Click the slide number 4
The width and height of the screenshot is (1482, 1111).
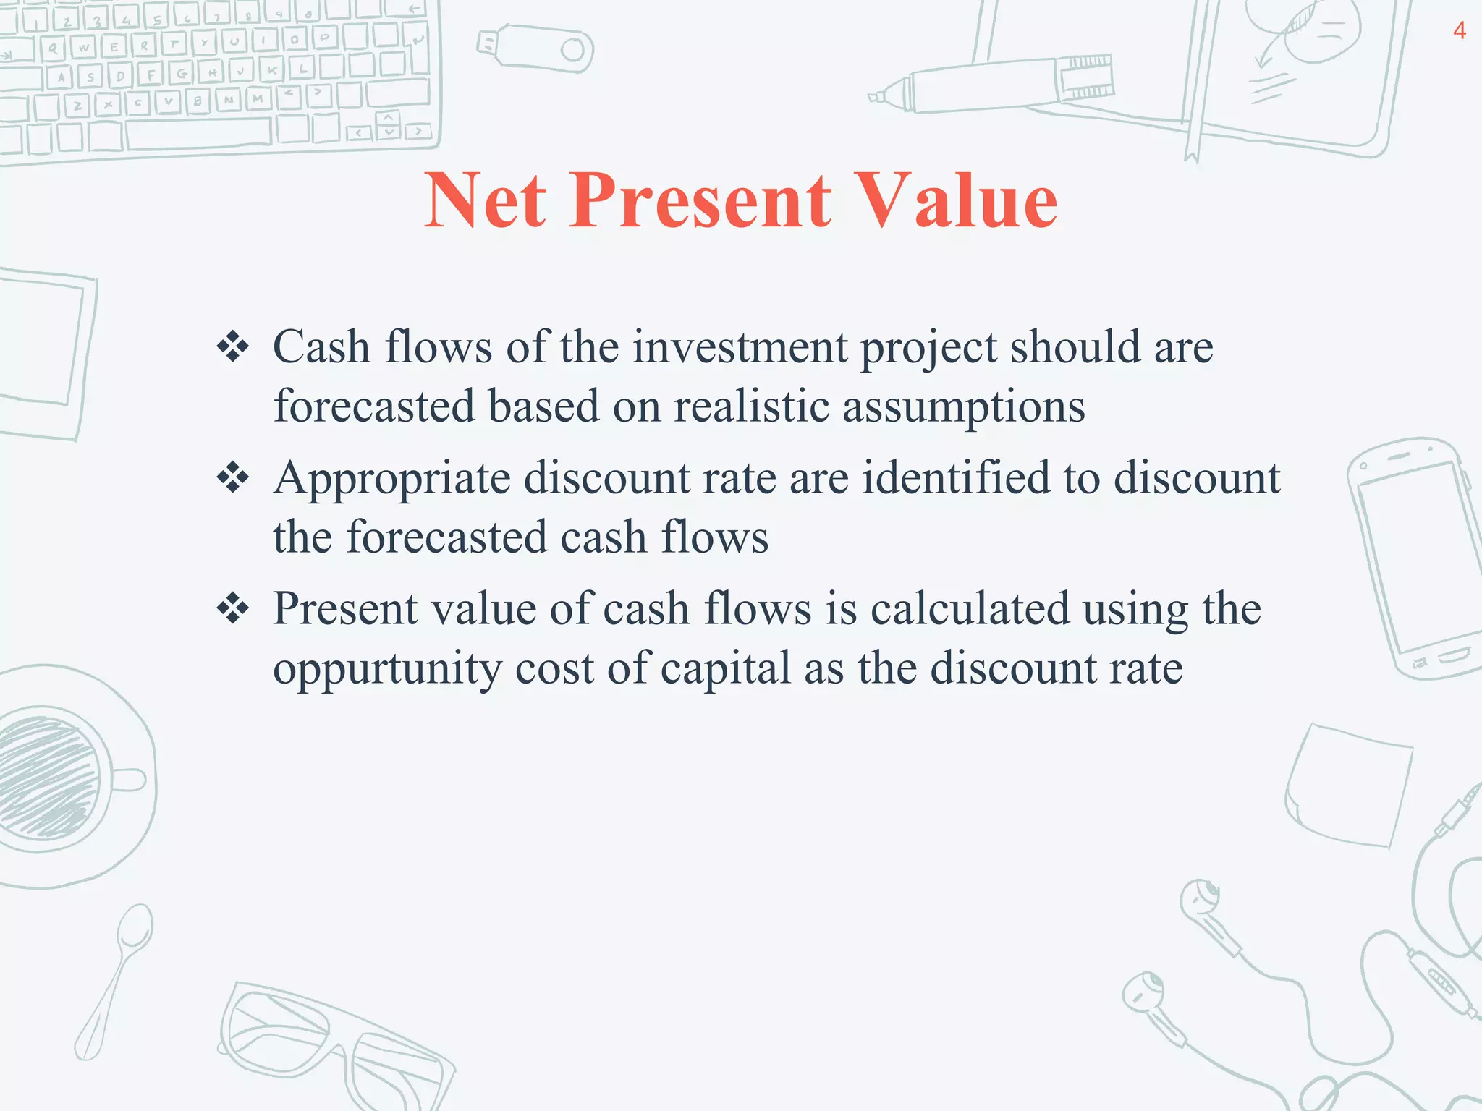coord(1460,31)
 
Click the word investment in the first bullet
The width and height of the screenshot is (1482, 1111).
coord(740,346)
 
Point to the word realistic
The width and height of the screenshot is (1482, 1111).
coord(751,406)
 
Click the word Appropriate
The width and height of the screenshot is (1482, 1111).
coord(391,479)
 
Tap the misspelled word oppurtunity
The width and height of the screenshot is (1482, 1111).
coord(387,669)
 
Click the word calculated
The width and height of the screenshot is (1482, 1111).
coord(970,609)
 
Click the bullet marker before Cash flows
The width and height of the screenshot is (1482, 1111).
coord(233,347)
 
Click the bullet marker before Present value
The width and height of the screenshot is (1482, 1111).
coord(233,609)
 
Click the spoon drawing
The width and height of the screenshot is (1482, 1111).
coord(116,976)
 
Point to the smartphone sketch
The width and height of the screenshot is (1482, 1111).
coord(1411,557)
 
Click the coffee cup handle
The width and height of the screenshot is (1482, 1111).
coord(130,780)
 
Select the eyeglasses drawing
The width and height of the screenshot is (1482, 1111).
coord(333,1042)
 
